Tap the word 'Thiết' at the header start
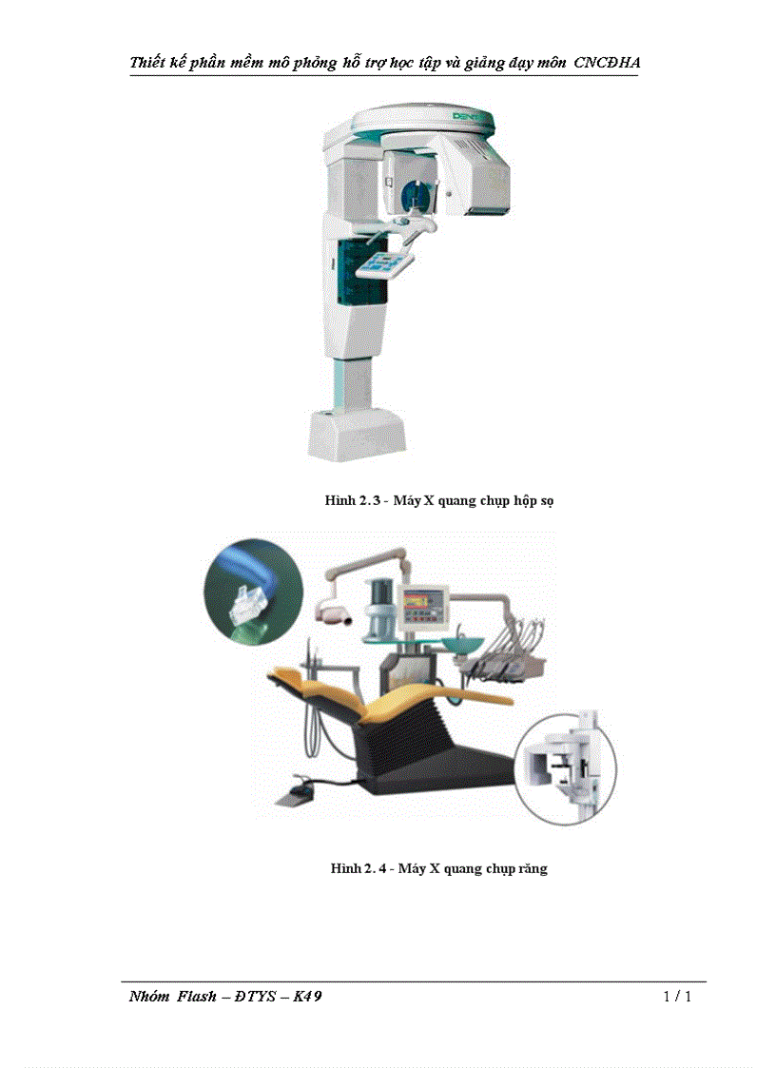150,63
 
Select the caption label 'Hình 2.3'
351,500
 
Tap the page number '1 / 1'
676,997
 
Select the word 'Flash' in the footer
197,997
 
